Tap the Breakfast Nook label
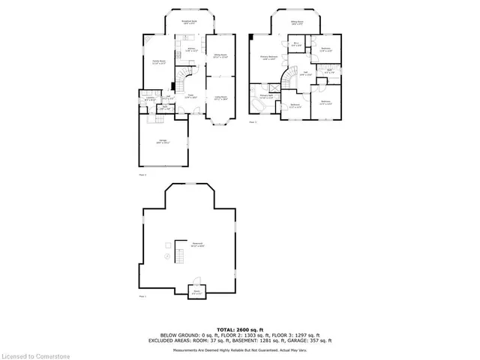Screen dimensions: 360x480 coord(189,23)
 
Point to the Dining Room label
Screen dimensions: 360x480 coord(220,56)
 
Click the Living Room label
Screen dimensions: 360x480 coord(221,97)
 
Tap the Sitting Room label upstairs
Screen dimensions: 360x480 coord(297,23)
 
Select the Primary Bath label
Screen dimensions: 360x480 coord(265,96)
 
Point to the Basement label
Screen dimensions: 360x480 coord(197,244)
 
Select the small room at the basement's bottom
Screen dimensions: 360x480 coord(196,292)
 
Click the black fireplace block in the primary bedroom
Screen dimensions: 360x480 coord(250,37)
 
